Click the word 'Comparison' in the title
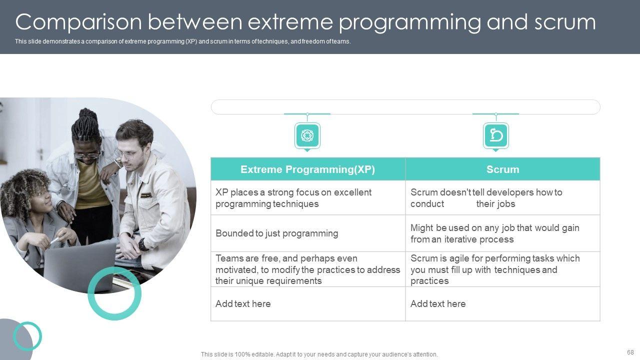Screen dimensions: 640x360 coord(78,22)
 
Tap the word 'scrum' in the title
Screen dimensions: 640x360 coord(565,22)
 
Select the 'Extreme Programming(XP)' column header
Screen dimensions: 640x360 coord(307,169)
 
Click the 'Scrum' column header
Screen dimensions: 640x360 coord(502,169)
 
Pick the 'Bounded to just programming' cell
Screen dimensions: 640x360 coord(307,233)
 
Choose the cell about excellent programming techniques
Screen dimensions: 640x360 coord(307,197)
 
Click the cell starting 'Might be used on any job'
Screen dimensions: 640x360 coord(502,233)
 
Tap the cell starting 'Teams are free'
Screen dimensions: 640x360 coord(307,269)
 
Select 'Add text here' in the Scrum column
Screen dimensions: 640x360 coord(438,303)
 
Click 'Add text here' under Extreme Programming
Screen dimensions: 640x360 coord(243,303)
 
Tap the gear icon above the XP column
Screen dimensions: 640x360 coord(307,135)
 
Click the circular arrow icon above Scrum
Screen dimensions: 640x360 coord(496,135)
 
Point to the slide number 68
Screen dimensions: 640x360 coord(630,352)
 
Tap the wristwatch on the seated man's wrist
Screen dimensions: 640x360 coord(142,244)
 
